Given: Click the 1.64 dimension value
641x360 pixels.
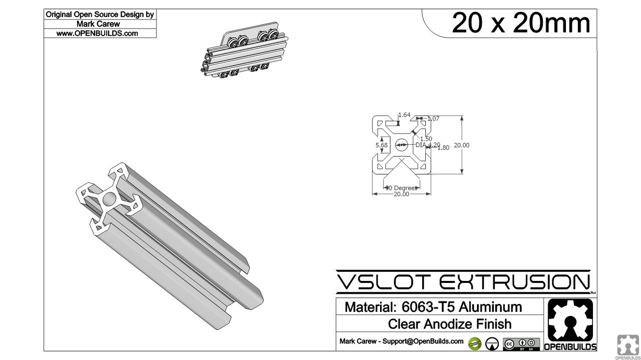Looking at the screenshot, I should (x=404, y=115).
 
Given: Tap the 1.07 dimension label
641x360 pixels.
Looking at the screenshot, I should (x=433, y=119).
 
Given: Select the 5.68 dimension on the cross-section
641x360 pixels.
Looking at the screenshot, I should (x=382, y=145).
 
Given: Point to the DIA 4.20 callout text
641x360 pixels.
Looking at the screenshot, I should (x=428, y=145).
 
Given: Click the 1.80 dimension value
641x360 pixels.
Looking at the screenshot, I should (x=443, y=148).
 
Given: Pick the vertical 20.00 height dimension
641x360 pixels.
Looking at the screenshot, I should (x=461, y=145).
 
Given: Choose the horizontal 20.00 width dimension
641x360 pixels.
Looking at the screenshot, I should (x=401, y=194).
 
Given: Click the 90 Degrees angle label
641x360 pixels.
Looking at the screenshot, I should (x=401, y=188).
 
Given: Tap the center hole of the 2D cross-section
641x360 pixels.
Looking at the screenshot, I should (x=401, y=145).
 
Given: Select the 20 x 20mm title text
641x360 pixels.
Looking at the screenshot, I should (x=521, y=23).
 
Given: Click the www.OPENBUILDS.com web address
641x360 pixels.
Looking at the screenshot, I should (x=97, y=34).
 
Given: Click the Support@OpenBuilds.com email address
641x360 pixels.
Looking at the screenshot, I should (x=423, y=341).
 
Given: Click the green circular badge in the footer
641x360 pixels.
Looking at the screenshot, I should (x=475, y=343).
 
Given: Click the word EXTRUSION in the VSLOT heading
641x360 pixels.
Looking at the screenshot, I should (x=514, y=282).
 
